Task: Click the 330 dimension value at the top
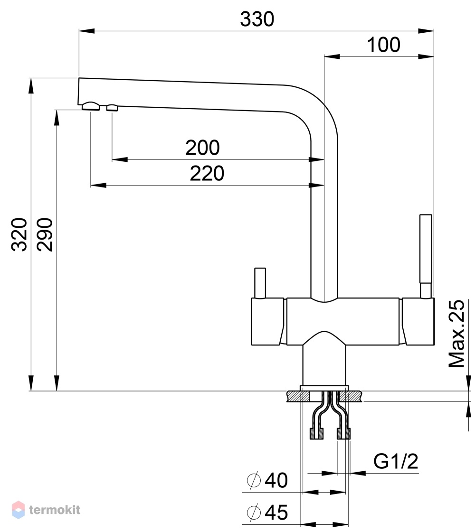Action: (257, 19)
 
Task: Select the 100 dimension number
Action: (383, 45)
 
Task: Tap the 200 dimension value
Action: (202, 148)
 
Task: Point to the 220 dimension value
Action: (207, 173)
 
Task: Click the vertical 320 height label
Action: (19, 234)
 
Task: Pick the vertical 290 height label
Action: (45, 234)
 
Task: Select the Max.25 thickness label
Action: (456, 334)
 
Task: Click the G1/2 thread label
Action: (396, 461)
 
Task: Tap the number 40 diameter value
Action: (276, 480)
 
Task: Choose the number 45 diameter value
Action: (276, 512)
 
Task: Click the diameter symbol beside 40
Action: (254, 480)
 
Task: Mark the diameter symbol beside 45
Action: (254, 512)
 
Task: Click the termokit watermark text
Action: (55, 510)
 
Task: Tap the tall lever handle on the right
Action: (426, 256)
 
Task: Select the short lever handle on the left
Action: (260, 283)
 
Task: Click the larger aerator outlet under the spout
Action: (91, 106)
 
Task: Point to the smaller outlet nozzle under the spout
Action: (112, 108)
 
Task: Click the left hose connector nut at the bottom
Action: (317, 434)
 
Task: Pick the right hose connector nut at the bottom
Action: (343, 434)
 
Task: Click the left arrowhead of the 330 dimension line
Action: (86, 31)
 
